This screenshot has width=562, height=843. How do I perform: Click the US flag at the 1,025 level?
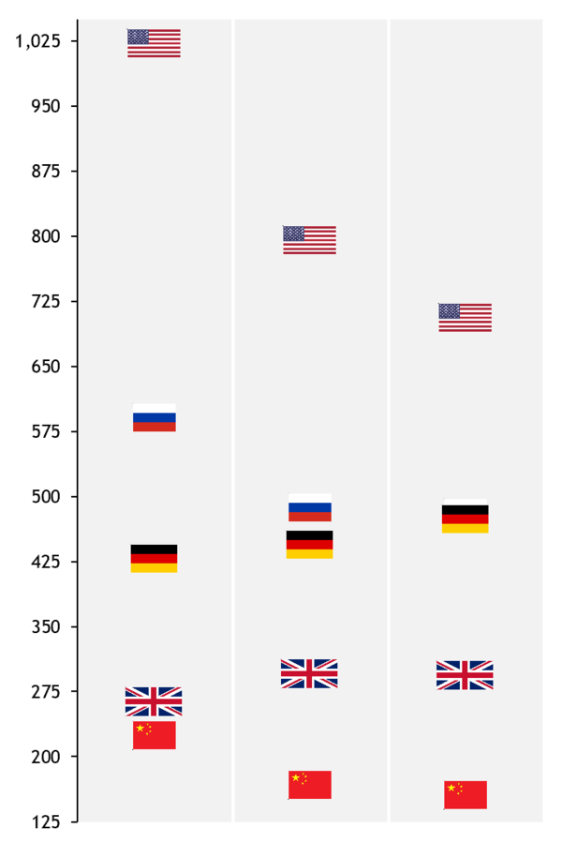point(154,43)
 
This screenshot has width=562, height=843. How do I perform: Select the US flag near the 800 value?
point(309,240)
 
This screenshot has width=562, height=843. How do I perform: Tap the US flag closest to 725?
point(465,317)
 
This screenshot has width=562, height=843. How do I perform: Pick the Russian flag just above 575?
point(154,417)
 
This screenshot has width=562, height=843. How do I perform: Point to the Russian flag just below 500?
point(309,507)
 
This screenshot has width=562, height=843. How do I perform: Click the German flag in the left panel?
point(154,558)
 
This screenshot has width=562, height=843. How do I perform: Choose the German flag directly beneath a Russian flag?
point(309,544)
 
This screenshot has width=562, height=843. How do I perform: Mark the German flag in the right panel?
point(465,519)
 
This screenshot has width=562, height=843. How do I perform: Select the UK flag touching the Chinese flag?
point(154,701)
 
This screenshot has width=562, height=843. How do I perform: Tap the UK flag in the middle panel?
point(309,673)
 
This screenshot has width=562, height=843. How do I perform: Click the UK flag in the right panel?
point(465,675)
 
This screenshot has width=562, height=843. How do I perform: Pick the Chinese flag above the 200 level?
point(154,735)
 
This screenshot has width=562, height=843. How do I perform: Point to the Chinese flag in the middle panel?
point(309,785)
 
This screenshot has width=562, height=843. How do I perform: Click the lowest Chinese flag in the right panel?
point(465,794)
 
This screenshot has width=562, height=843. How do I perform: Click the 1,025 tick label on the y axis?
point(39,41)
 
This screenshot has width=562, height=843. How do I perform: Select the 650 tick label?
point(46,367)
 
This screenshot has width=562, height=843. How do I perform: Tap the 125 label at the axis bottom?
point(46,822)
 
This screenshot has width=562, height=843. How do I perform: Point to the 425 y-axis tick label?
point(46,562)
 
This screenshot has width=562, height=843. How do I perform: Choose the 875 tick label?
point(46,172)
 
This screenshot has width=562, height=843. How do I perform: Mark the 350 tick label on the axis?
point(46,626)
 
